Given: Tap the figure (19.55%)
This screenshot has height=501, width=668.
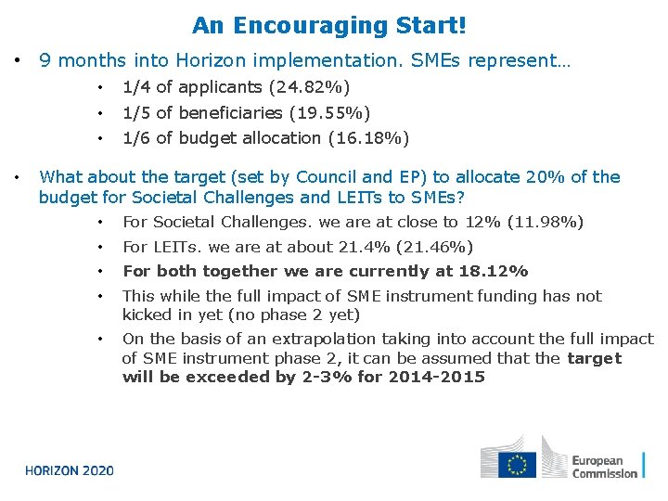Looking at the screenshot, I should (329, 113).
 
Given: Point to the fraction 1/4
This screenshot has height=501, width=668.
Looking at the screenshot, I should (136, 88).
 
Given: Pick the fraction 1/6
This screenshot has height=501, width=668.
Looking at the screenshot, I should (136, 138).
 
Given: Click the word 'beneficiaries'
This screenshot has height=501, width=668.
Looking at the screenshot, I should (230, 113).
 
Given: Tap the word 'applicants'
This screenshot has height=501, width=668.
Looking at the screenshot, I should (220, 88).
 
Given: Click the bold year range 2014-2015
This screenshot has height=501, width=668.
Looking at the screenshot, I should (436, 378).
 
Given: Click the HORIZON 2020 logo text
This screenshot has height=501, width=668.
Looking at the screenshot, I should (70, 470).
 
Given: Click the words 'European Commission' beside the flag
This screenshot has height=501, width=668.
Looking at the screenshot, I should (604, 467).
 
